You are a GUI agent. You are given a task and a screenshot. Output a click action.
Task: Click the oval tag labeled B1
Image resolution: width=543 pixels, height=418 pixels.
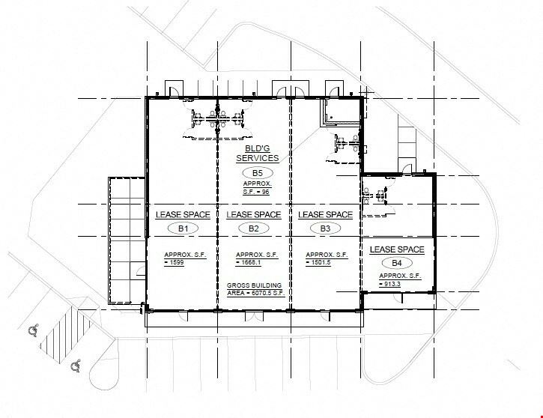(x=183, y=228)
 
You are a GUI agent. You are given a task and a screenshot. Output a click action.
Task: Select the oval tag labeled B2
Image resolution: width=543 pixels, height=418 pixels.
(x=253, y=228)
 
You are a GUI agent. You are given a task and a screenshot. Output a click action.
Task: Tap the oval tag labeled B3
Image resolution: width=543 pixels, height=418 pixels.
(x=325, y=228)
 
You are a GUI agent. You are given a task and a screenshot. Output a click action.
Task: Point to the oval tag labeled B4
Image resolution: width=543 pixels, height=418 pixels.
(x=397, y=263)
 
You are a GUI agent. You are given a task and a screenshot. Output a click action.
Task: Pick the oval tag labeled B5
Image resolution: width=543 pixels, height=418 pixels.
(x=258, y=173)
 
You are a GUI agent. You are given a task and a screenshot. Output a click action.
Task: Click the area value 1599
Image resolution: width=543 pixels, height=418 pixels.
(x=177, y=262)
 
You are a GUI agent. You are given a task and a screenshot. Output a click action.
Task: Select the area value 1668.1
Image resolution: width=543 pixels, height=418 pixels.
(x=251, y=262)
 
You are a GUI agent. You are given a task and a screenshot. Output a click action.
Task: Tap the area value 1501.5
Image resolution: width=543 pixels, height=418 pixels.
(x=321, y=262)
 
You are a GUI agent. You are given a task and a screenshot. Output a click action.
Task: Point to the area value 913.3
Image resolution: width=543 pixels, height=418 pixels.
(x=392, y=284)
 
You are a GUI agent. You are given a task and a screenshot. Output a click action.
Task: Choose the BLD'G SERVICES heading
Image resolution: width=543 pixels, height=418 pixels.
(x=258, y=154)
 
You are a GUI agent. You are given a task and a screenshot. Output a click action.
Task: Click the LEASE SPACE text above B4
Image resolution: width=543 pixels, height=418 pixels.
(x=397, y=249)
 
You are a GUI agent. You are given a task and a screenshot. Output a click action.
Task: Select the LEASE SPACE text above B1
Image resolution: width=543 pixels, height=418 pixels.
(x=183, y=215)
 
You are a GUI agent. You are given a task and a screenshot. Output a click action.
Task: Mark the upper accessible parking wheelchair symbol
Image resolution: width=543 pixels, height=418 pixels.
(x=34, y=330)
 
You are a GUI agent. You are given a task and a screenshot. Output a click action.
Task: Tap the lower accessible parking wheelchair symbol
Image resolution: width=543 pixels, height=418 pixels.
(x=76, y=366)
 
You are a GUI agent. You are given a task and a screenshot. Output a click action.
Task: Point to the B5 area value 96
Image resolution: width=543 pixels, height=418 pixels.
(x=265, y=192)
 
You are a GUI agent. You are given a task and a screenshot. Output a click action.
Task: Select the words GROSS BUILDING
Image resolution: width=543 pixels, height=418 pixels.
(x=254, y=285)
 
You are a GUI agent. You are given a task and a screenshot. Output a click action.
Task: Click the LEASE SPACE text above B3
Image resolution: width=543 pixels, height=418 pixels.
(x=325, y=215)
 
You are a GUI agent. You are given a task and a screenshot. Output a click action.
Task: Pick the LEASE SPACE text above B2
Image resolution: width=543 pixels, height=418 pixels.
(x=253, y=215)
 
